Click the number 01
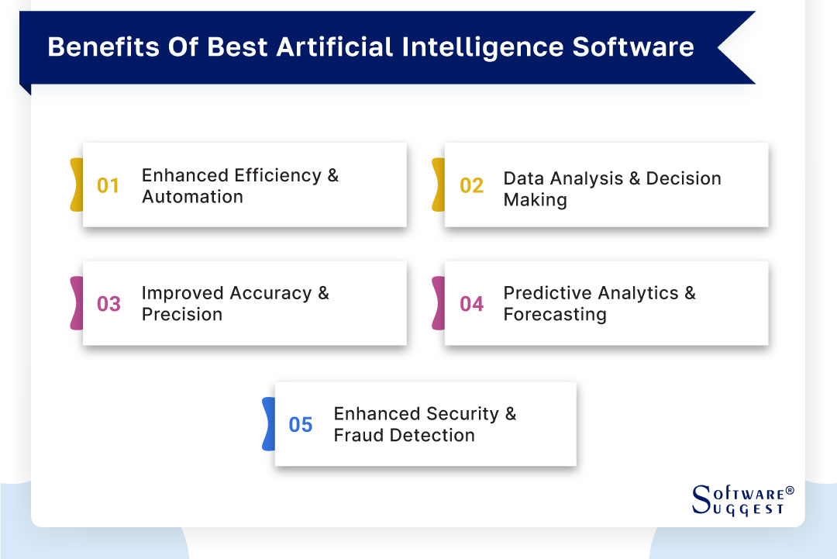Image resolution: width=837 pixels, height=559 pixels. [x=108, y=186]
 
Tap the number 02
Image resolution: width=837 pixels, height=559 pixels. [x=471, y=186]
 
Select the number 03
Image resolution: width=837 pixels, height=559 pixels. [x=108, y=304]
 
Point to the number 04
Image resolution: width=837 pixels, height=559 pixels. [x=471, y=304]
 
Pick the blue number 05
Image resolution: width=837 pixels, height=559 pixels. [x=301, y=425]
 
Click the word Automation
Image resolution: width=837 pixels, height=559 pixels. [x=192, y=197]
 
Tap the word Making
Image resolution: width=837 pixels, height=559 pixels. [x=535, y=200]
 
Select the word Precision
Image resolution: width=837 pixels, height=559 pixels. [x=181, y=315]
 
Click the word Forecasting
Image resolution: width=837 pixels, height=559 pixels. [x=554, y=315]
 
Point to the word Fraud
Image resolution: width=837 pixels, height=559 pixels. [x=358, y=436]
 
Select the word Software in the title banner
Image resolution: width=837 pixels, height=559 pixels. [x=633, y=47]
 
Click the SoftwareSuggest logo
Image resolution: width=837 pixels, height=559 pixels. [x=741, y=501]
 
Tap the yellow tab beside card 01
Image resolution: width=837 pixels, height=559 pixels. [x=76, y=185]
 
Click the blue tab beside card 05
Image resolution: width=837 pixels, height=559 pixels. [x=269, y=423]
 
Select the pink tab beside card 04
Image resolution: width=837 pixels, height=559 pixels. [x=438, y=302]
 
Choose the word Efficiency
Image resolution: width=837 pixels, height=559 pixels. [x=277, y=175]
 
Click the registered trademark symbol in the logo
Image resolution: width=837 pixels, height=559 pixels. [x=790, y=491]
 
